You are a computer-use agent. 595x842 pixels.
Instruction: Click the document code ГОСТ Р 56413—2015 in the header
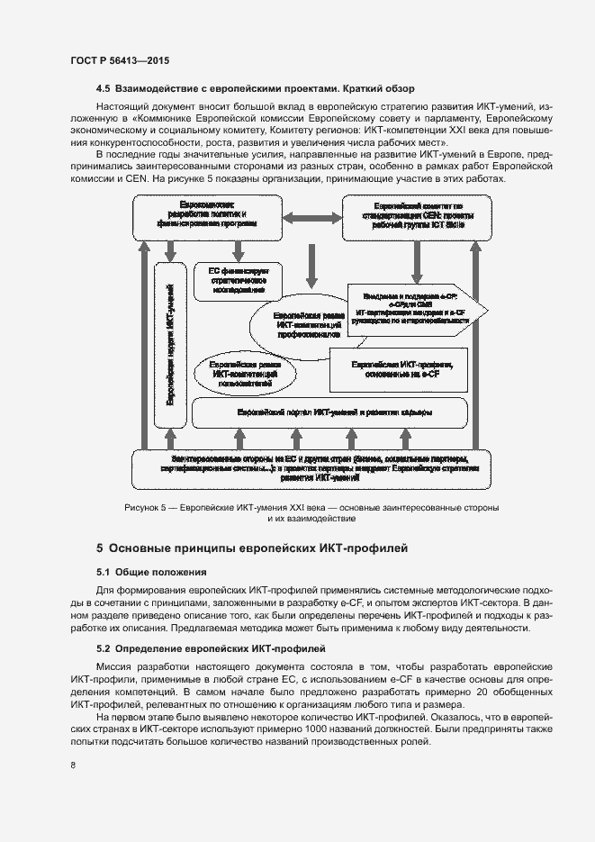pyautogui.click(x=119, y=60)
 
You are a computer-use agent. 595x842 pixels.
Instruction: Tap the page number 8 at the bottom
pyautogui.click(x=73, y=765)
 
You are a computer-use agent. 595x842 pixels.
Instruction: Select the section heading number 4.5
pyautogui.click(x=103, y=89)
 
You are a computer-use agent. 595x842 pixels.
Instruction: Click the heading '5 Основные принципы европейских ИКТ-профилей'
pyautogui.click(x=252, y=548)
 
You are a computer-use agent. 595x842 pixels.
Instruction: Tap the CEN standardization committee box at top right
pyautogui.click(x=418, y=218)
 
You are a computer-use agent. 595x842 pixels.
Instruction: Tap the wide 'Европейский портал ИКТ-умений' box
pyautogui.click(x=329, y=412)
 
